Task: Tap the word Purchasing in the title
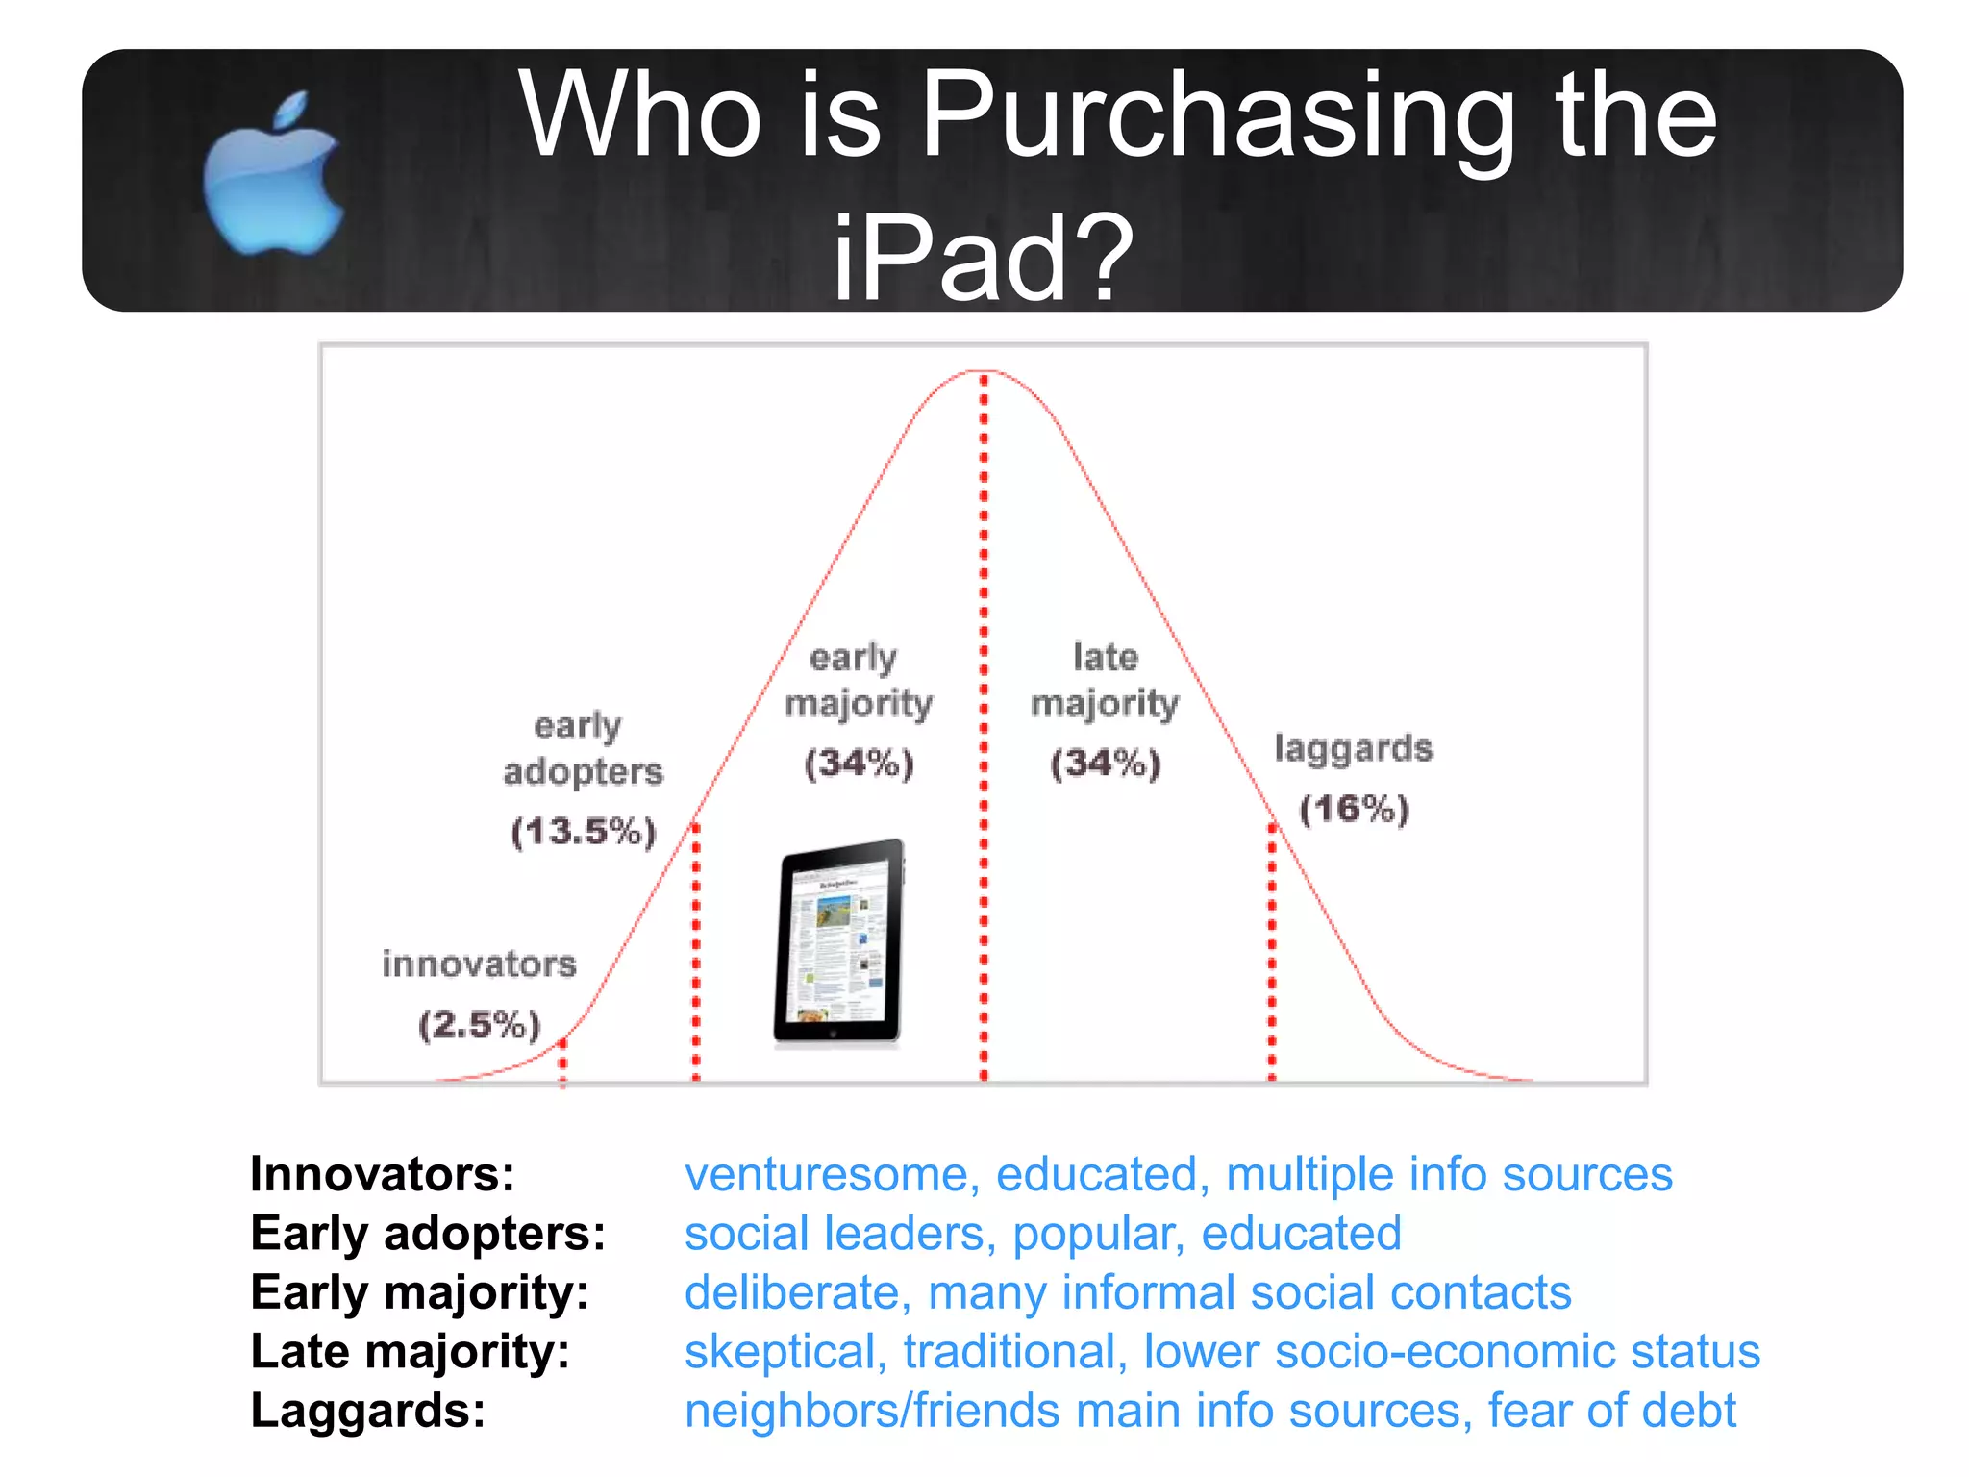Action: [1217, 115]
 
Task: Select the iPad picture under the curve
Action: [839, 942]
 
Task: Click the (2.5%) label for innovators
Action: [479, 1024]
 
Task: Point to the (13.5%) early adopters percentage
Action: [583, 831]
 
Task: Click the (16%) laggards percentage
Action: [1354, 809]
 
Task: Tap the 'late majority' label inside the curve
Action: [1105, 681]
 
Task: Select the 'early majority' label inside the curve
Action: [858, 681]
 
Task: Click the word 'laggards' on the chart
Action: [1353, 748]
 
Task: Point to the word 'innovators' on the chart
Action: [479, 964]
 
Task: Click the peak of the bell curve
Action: [984, 372]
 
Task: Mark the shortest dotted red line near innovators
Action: [563, 1062]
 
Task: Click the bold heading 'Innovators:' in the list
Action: [383, 1174]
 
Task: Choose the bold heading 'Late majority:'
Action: [410, 1351]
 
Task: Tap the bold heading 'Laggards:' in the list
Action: [368, 1411]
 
